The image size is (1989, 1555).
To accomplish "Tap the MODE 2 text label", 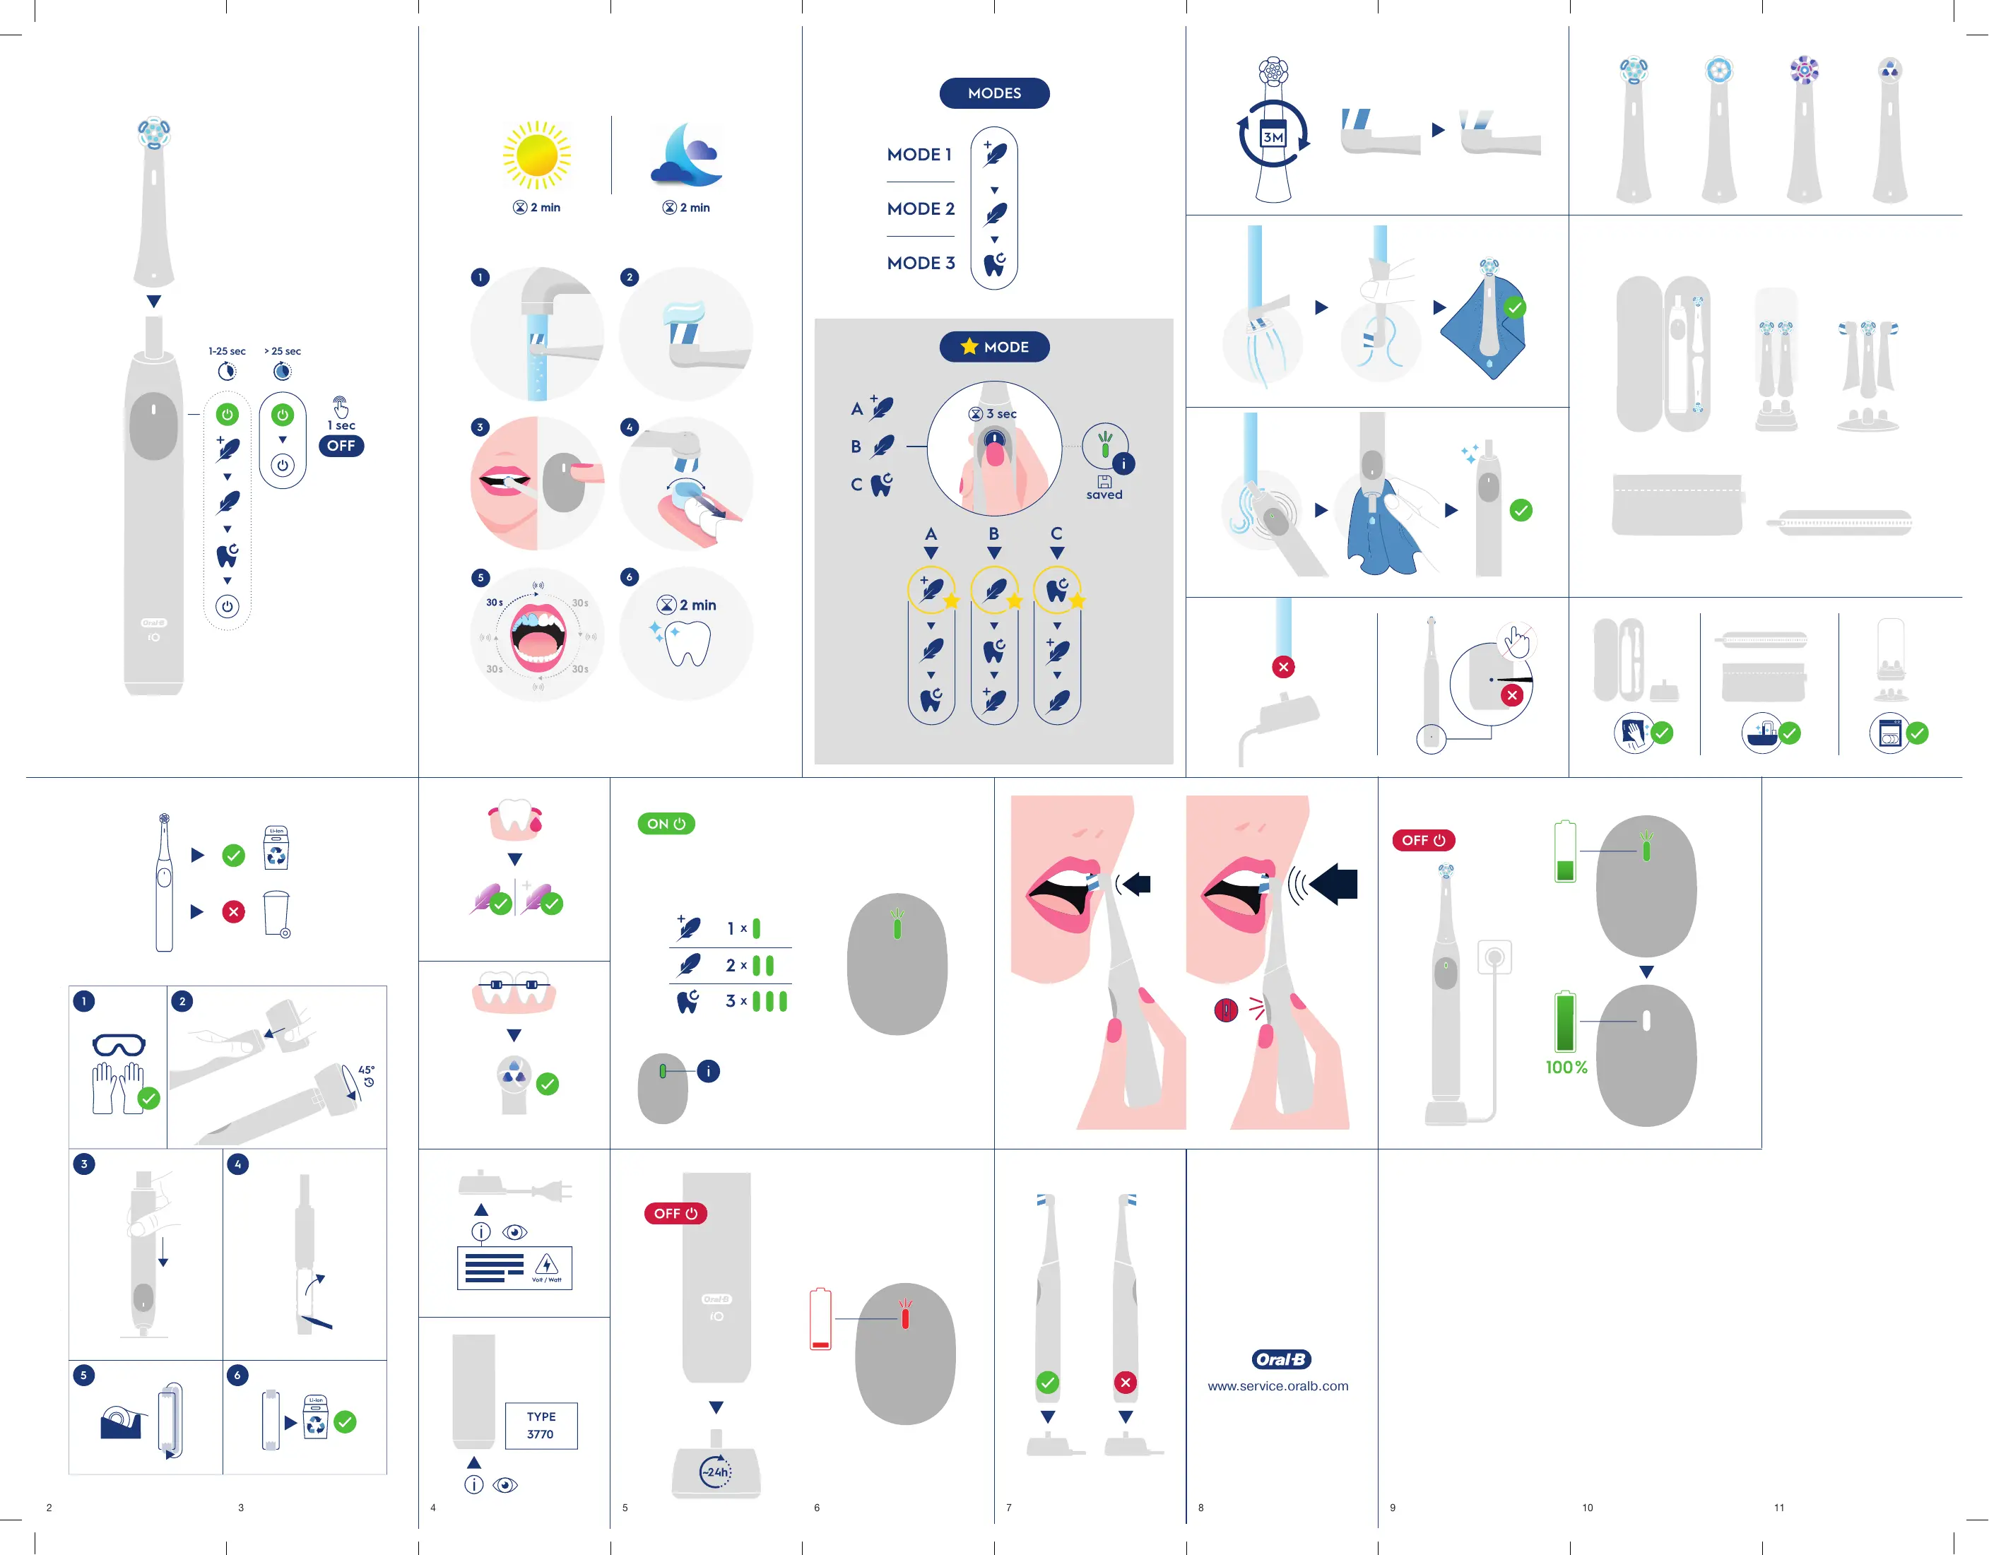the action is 921,208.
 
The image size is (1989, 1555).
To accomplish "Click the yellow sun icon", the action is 536,155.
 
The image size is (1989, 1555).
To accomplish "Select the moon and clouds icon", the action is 686,155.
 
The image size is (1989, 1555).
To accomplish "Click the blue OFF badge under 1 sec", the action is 341,446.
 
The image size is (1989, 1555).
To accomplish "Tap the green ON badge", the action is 666,824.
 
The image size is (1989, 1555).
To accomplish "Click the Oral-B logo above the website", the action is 1280,1359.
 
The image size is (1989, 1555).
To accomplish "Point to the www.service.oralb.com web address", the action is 1277,1385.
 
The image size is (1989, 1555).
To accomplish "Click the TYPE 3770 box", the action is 541,1425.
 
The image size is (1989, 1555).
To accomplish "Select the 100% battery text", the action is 1566,1067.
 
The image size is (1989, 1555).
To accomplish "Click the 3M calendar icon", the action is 1273,136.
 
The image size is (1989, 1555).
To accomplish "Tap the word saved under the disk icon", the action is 1104,495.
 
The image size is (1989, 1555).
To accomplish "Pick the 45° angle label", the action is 366,1070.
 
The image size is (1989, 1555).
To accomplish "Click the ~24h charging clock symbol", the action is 715,1471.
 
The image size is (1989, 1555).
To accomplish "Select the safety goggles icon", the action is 119,1045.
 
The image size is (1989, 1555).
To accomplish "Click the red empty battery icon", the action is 820,1318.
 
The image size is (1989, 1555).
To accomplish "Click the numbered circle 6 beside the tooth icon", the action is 630,577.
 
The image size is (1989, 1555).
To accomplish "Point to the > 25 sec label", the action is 283,350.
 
